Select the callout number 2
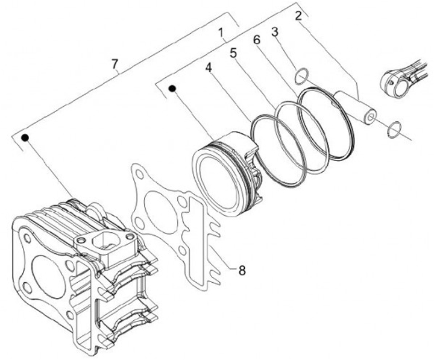298,15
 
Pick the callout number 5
234,53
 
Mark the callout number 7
114,63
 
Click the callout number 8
241,271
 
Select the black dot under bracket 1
172,89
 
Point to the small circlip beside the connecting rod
394,128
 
